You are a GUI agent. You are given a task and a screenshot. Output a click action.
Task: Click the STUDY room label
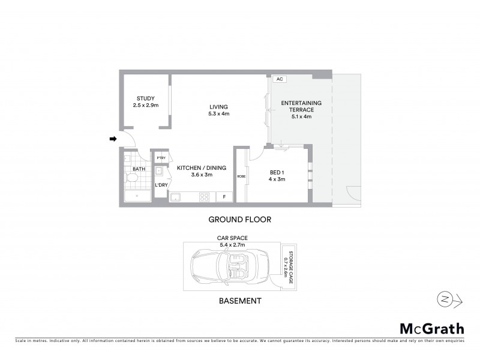pyautogui.click(x=145, y=98)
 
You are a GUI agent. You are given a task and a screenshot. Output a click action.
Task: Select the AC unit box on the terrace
pyautogui.click(x=279, y=79)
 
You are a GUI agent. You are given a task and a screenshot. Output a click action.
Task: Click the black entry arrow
pyautogui.click(x=112, y=140)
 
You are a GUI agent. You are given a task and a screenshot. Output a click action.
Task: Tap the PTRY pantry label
pyautogui.click(x=161, y=158)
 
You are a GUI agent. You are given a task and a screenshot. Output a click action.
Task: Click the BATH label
pyautogui.click(x=139, y=169)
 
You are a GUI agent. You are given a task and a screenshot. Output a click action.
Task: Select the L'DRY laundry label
pyautogui.click(x=161, y=185)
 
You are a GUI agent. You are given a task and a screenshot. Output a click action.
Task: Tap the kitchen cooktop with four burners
pyautogui.click(x=204, y=196)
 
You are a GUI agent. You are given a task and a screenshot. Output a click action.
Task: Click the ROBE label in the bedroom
pyautogui.click(x=241, y=176)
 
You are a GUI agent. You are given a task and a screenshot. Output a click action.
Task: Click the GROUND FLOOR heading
pyautogui.click(x=240, y=220)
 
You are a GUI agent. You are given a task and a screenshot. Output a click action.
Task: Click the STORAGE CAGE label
pyautogui.click(x=289, y=265)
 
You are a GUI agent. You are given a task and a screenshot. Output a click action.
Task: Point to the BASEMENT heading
pyautogui.click(x=239, y=301)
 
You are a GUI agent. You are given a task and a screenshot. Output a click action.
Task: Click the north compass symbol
pyautogui.click(x=445, y=299)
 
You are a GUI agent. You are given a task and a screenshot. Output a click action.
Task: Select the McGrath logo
pyautogui.click(x=432, y=328)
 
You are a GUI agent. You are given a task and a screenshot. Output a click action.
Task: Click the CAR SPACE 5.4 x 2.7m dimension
pyautogui.click(x=232, y=242)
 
